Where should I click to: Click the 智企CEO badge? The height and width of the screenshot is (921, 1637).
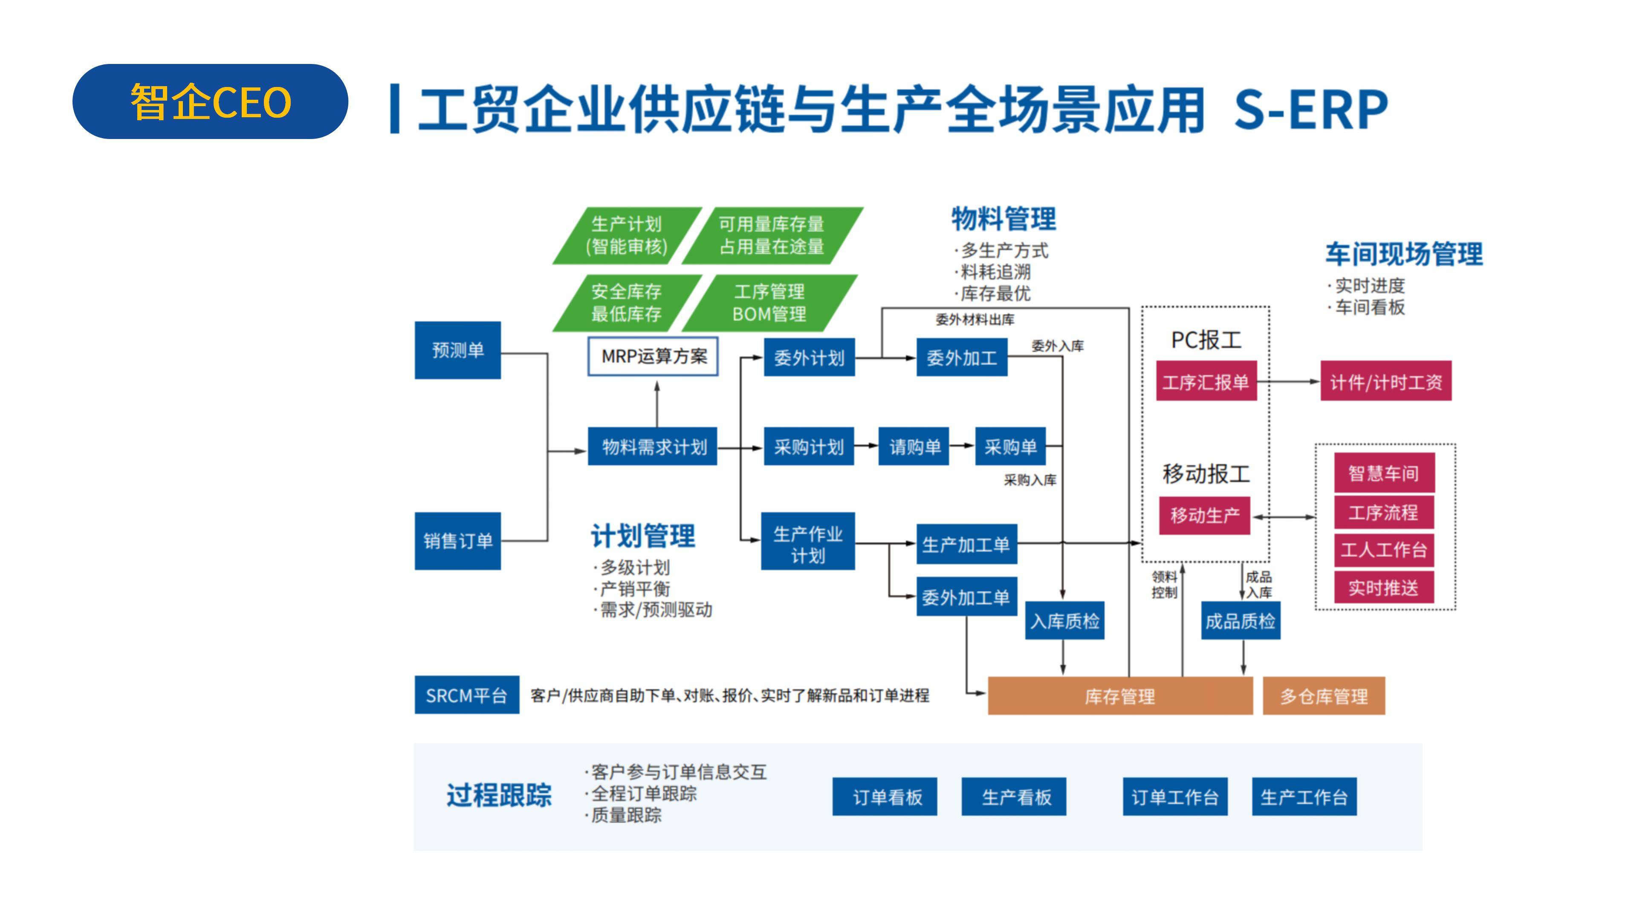[210, 102]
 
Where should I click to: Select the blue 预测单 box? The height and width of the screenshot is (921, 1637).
[457, 350]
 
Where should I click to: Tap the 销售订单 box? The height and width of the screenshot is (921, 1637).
[457, 541]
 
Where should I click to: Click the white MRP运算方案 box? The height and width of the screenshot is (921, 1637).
[653, 356]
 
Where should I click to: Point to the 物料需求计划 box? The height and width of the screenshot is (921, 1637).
[653, 447]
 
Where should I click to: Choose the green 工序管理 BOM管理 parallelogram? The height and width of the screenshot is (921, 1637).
[769, 303]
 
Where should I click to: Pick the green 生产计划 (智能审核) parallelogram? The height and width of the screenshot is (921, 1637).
[627, 235]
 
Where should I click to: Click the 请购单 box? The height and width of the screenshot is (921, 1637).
[914, 447]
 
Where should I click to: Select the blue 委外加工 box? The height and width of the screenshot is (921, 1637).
[961, 358]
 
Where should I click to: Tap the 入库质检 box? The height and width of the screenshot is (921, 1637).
[1065, 620]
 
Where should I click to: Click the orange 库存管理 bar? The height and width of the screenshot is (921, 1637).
[1120, 696]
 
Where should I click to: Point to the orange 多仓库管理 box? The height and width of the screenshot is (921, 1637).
[1324, 696]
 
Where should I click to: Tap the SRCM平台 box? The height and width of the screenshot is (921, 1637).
[466, 695]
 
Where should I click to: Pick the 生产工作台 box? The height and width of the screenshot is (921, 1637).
[1304, 796]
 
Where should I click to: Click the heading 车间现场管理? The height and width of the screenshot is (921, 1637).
[1404, 254]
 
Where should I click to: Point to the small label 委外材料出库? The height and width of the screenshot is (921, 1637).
[975, 320]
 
